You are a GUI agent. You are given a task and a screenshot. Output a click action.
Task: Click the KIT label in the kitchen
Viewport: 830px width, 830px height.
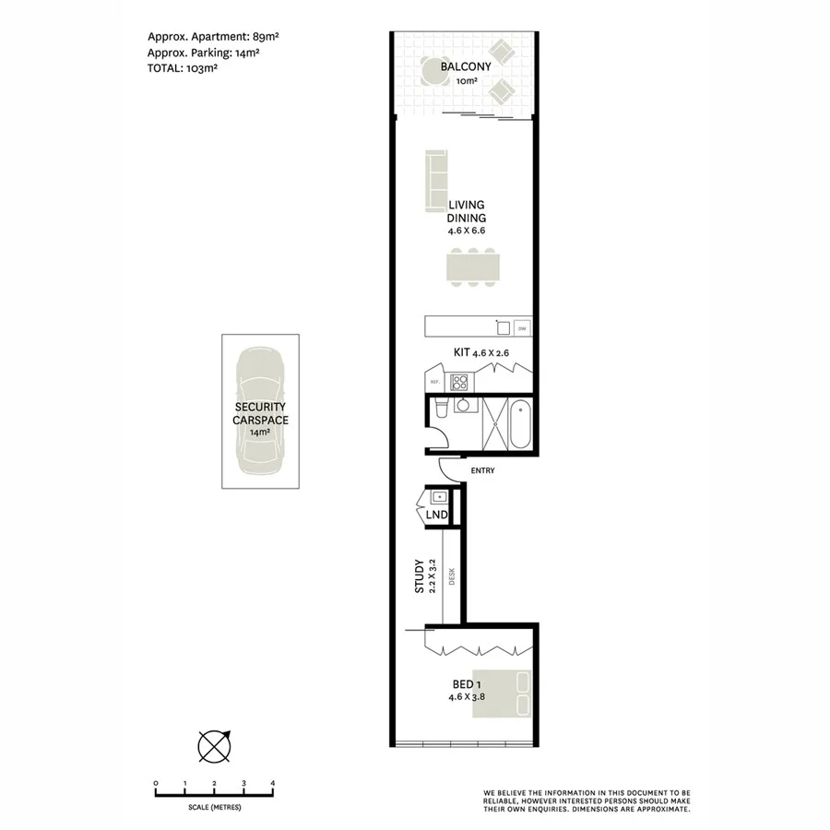pos(461,352)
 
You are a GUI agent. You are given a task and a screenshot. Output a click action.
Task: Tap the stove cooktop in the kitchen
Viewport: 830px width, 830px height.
pos(460,382)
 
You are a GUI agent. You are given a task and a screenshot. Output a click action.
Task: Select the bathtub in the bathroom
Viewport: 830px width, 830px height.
pos(521,423)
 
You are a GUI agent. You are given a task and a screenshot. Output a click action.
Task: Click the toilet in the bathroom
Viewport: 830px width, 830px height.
pos(440,409)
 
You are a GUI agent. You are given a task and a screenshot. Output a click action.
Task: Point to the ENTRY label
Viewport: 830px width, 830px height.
pos(482,471)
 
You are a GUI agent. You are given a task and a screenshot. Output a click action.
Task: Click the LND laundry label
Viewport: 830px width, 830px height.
pos(436,515)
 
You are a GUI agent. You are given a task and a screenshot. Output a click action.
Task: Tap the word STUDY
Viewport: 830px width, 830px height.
pos(420,575)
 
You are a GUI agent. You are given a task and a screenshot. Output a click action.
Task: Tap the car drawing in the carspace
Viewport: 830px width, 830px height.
pos(262,411)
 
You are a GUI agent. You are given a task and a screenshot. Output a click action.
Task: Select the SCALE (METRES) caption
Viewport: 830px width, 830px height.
pos(213,807)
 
